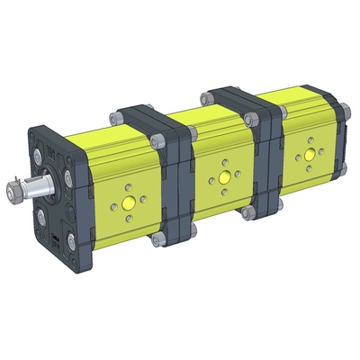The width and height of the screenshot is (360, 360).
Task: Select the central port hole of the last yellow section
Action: [309, 154]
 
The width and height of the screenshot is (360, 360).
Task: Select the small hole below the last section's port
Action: [310, 166]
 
